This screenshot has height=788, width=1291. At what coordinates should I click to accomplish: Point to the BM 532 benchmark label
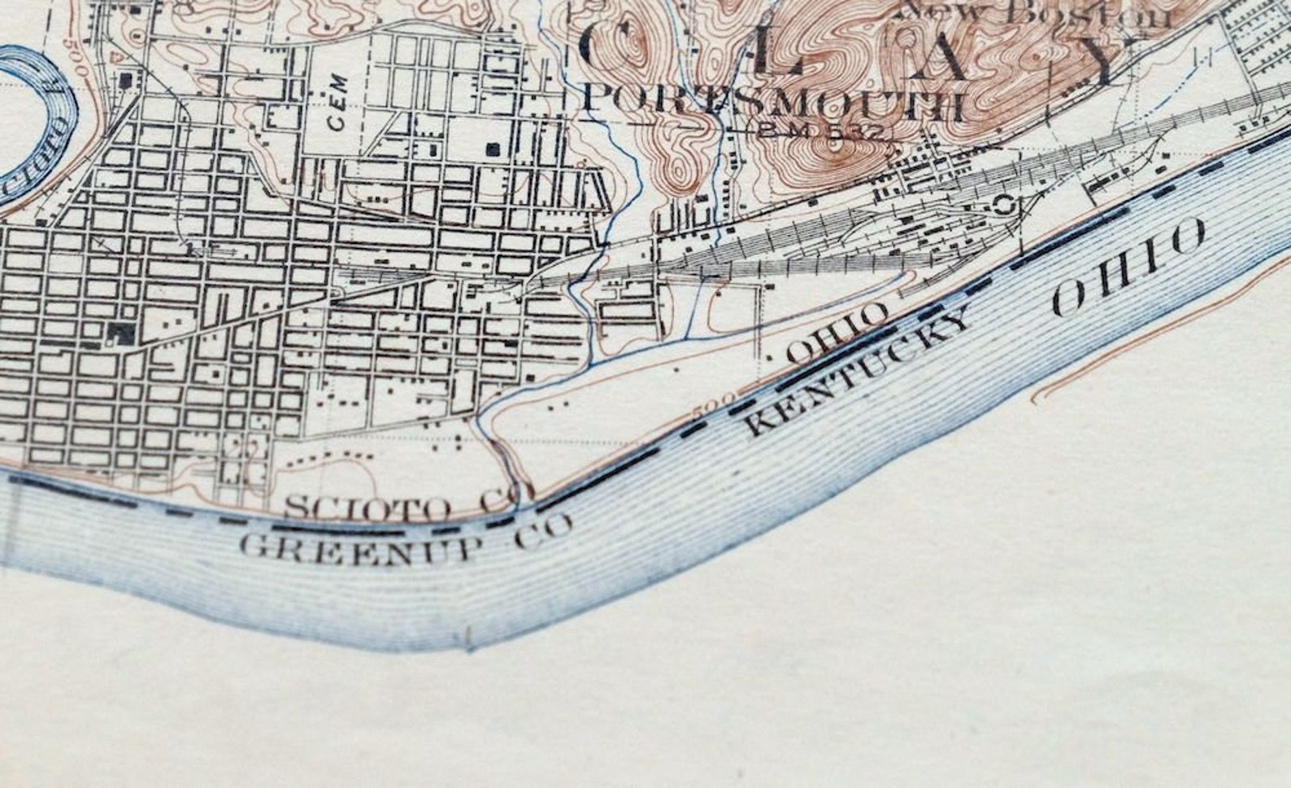(x=821, y=131)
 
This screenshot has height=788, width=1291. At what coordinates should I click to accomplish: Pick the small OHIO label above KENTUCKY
(x=837, y=333)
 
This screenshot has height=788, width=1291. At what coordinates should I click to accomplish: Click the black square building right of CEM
(x=492, y=149)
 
